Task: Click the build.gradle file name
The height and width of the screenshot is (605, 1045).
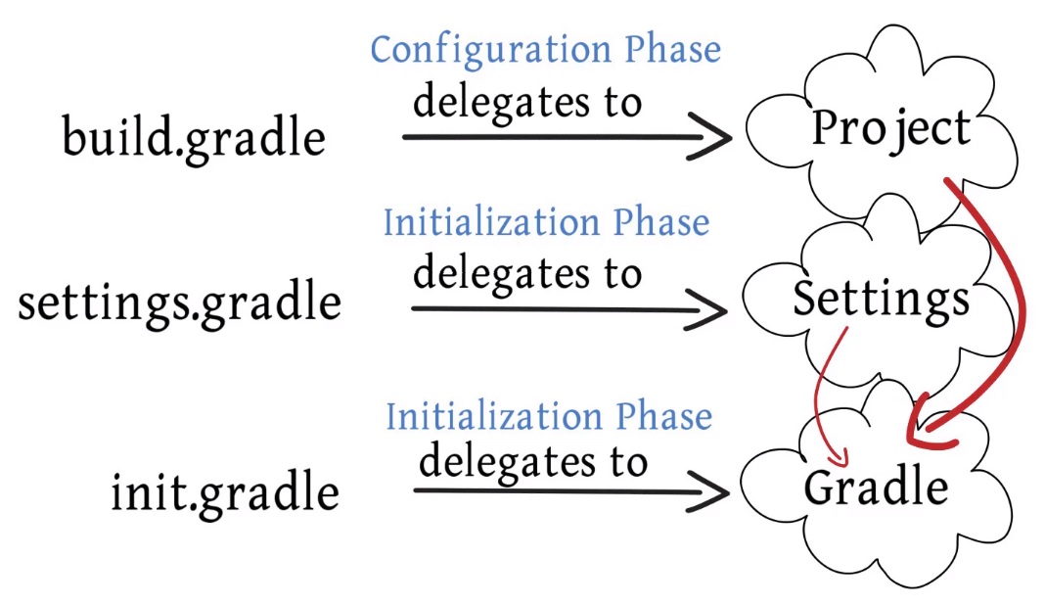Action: (x=194, y=136)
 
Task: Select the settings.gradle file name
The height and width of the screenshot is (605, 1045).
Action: (x=180, y=302)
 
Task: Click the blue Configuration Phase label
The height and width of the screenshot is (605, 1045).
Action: (x=546, y=50)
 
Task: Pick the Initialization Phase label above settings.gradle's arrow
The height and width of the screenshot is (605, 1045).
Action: (x=546, y=222)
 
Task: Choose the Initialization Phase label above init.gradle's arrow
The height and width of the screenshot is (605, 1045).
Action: (x=549, y=416)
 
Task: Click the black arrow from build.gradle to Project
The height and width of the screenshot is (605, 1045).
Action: (x=548, y=137)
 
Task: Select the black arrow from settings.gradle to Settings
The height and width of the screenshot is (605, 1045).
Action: (x=548, y=309)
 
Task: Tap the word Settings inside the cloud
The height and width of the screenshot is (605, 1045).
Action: (x=881, y=299)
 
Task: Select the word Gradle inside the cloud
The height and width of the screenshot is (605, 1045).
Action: (x=876, y=487)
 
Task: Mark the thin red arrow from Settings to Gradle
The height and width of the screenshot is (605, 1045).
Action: (x=819, y=392)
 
